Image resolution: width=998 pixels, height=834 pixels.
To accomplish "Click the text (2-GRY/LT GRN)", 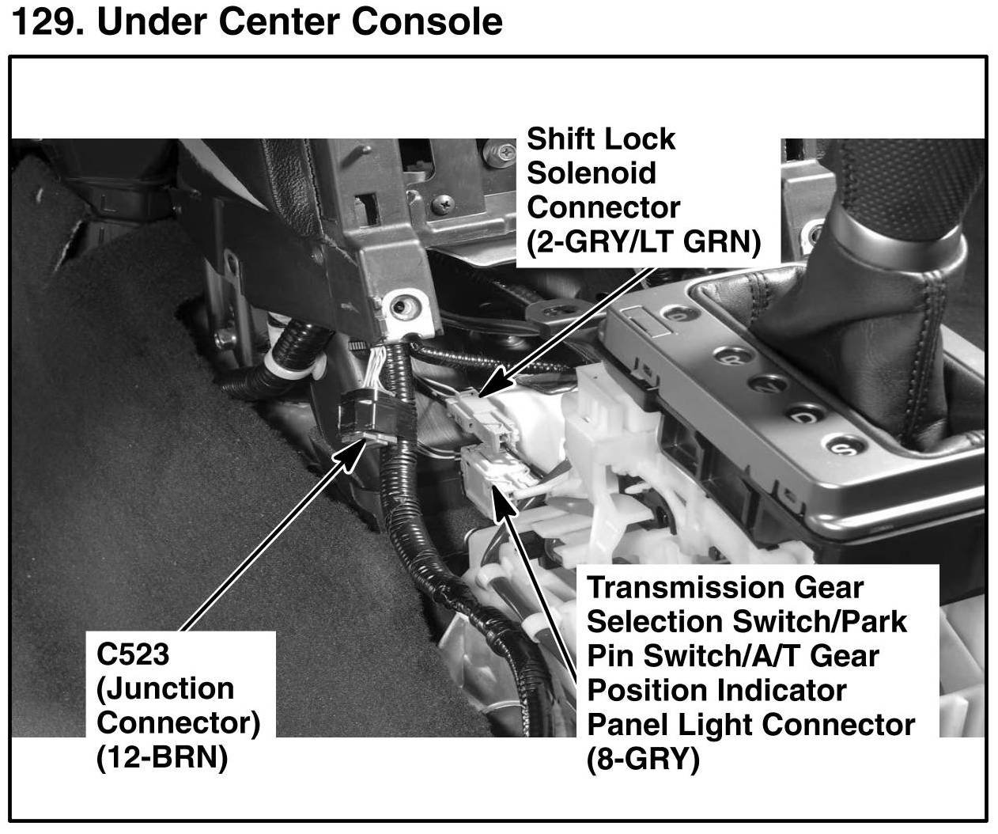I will pos(644,241).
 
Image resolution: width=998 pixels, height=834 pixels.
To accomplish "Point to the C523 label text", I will pos(132,654).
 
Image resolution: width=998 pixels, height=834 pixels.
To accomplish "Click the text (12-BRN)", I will pos(161,758).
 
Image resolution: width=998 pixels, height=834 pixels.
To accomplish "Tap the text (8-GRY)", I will pos(643,760).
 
